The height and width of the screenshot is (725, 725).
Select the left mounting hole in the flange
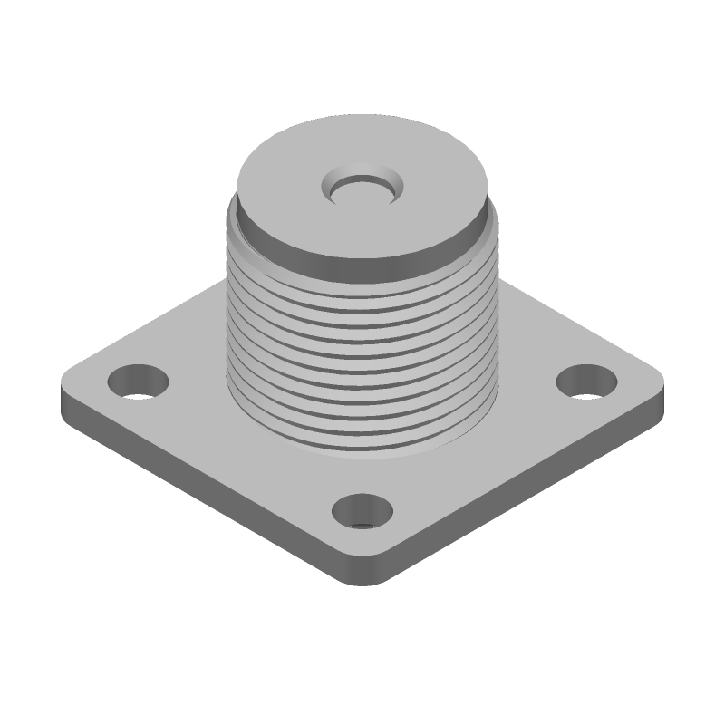(138, 380)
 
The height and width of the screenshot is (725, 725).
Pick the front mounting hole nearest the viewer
(362, 511)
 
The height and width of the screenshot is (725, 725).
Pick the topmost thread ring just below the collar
(362, 276)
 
